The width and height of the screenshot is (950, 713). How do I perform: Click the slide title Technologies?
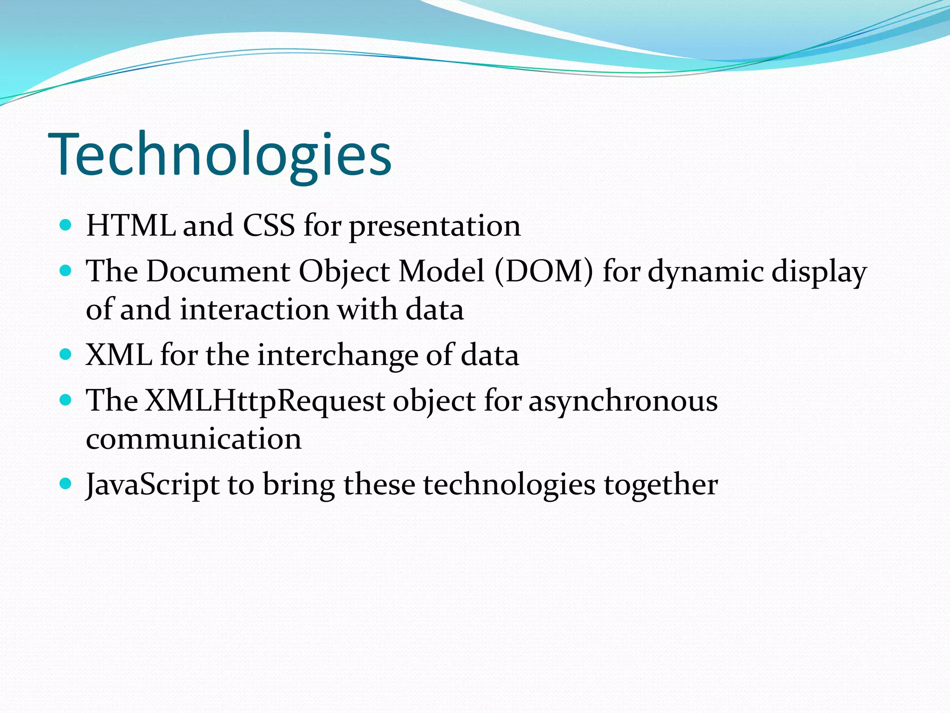[x=220, y=155]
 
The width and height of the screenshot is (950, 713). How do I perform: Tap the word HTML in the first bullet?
[x=131, y=226]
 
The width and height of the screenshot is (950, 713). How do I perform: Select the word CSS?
[x=269, y=226]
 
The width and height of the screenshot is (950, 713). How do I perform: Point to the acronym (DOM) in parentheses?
[x=544, y=271]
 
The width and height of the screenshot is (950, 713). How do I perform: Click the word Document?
[x=218, y=271]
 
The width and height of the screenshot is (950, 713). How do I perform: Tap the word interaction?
[x=255, y=310]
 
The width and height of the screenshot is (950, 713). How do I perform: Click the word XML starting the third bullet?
[x=119, y=355]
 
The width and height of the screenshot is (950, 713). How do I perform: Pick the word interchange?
[x=337, y=356]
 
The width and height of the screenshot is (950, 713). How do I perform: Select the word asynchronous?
[x=623, y=402]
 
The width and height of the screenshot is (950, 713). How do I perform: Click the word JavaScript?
[x=153, y=485]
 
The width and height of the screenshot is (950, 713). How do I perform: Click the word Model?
[x=442, y=271]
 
